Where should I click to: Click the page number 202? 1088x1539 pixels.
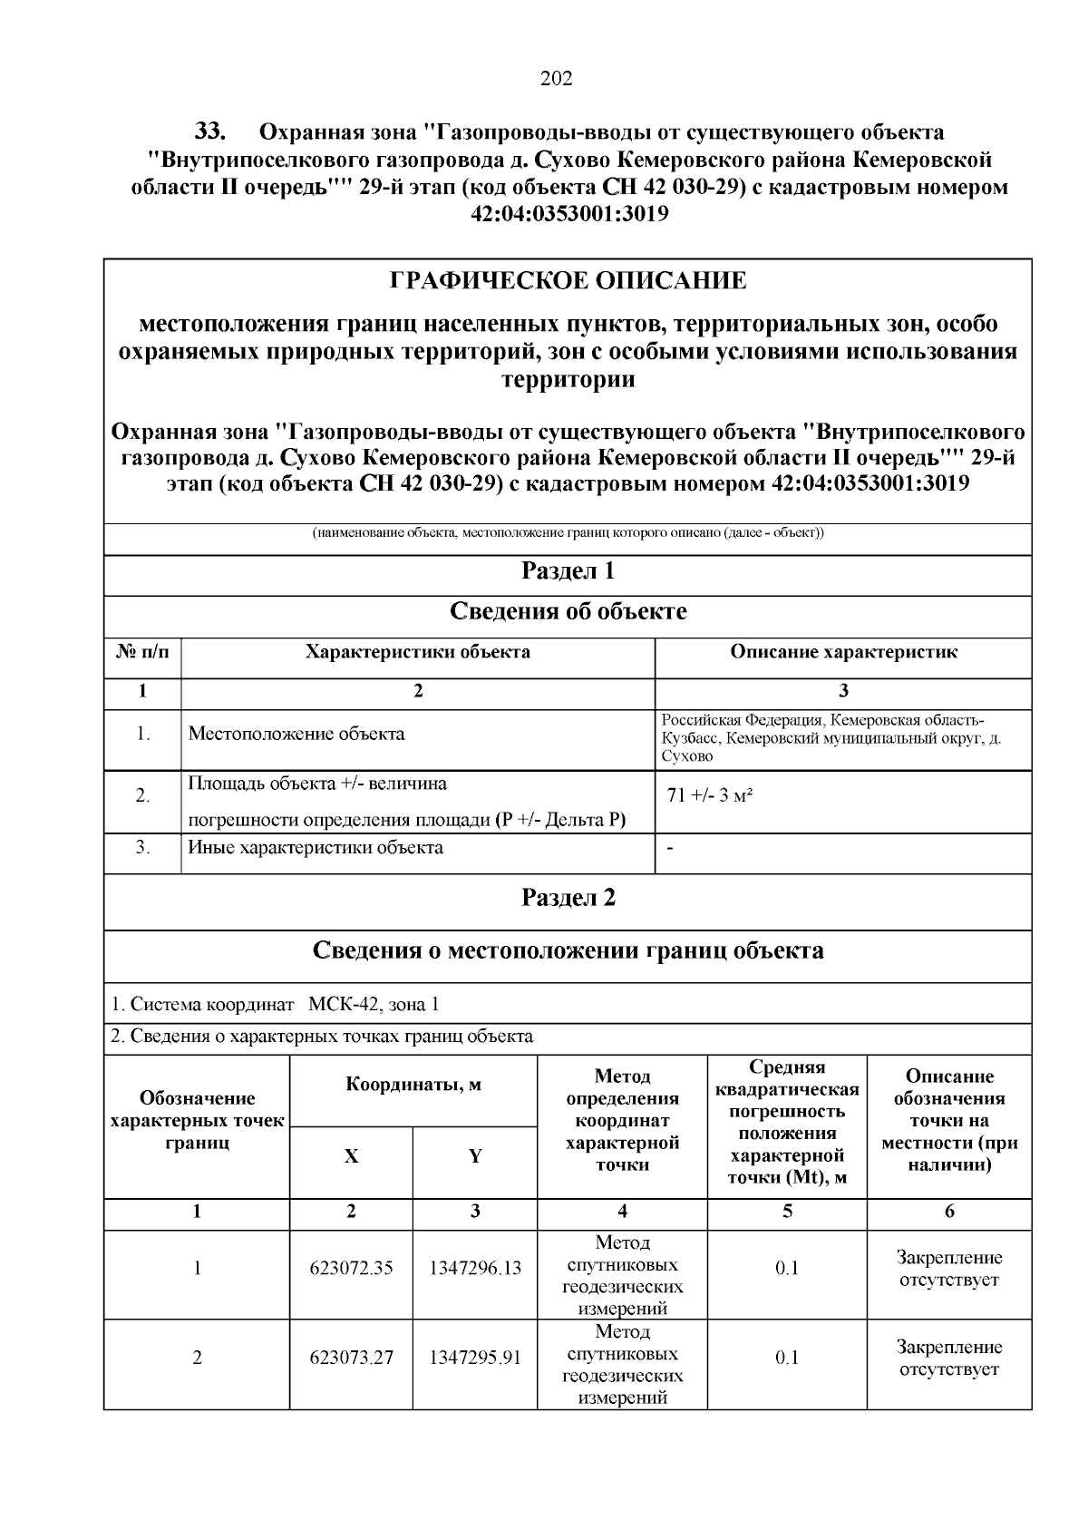pos(556,79)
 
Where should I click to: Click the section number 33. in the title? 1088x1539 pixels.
pos(209,132)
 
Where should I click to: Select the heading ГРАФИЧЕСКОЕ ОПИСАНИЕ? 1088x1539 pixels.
pos(568,281)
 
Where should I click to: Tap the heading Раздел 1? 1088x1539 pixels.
pos(568,571)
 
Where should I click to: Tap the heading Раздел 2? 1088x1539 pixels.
pos(568,898)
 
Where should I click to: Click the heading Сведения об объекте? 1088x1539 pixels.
pos(568,612)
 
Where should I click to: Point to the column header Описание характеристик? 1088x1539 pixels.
pos(843,652)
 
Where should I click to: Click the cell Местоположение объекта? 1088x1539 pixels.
pos(296,734)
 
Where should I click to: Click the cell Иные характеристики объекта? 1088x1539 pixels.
pos(316,848)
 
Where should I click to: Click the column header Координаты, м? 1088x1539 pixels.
pos(413,1086)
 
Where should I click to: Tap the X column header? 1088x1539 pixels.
pos(352,1156)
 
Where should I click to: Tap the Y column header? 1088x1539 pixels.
pos(475,1156)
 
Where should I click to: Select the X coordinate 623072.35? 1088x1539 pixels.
pos(352,1269)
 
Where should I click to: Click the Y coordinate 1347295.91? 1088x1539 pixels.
pos(475,1358)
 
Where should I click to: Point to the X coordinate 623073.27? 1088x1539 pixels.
pos(352,1358)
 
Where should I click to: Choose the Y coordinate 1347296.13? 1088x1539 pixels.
pos(475,1269)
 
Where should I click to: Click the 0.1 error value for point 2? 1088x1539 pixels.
pos(787,1358)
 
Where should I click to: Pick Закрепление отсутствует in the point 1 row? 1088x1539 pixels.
pos(949,1269)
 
